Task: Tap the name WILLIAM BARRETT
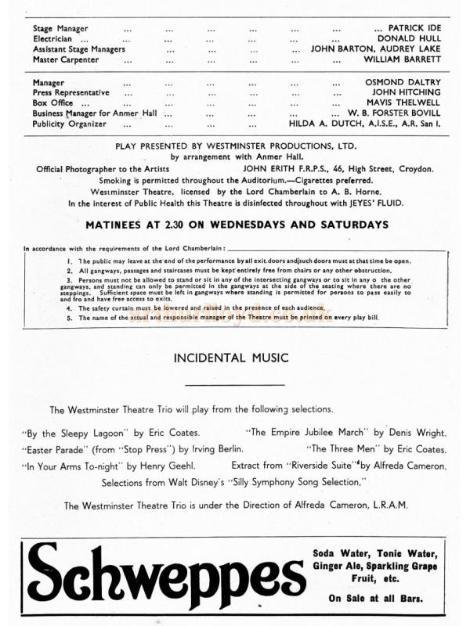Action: [x=402, y=59]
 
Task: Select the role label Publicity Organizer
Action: [x=69, y=123]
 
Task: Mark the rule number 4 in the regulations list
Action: [x=70, y=308]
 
